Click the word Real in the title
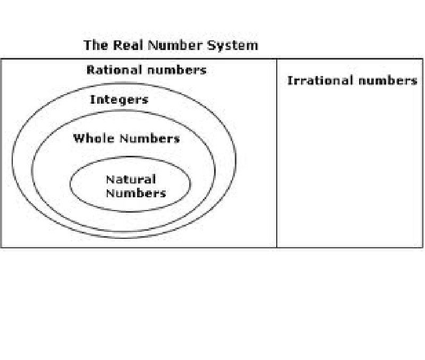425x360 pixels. click(127, 45)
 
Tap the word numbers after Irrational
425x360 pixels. click(387, 81)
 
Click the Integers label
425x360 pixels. click(119, 99)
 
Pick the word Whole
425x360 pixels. click(94, 139)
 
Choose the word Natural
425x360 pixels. click(130, 180)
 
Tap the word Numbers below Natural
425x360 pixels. click(135, 192)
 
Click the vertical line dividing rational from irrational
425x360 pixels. click(277, 160)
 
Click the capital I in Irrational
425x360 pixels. click(290, 81)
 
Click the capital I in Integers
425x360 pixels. click(92, 99)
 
